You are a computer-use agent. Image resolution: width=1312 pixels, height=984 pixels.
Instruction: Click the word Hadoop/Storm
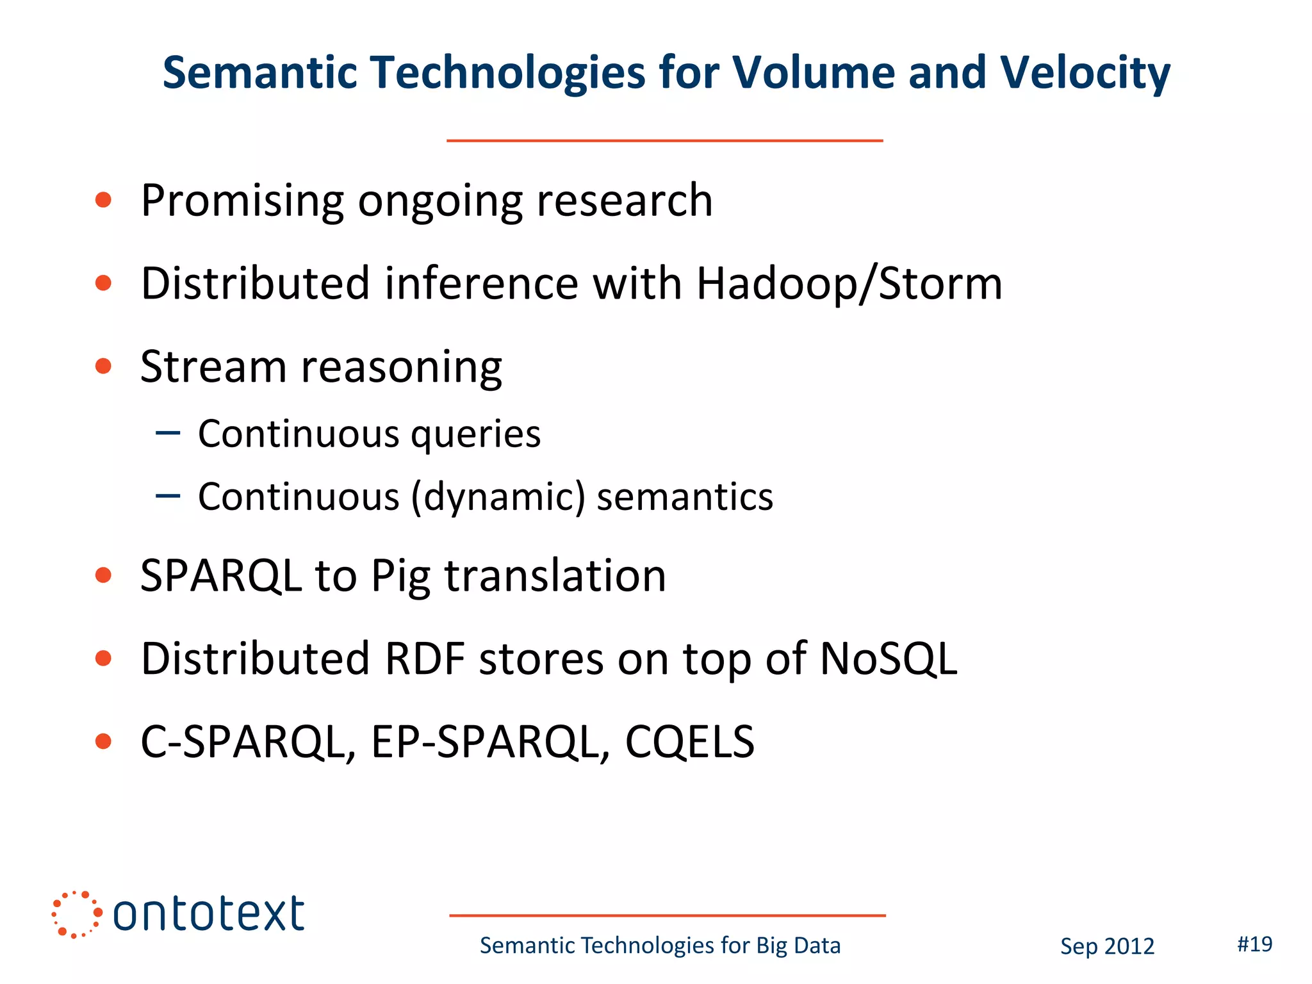coord(849,283)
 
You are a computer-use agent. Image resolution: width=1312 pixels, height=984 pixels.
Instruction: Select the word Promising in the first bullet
coord(242,201)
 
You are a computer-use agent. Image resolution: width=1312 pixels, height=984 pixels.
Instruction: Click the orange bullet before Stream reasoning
coord(103,366)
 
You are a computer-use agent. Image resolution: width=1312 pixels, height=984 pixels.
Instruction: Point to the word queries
coord(475,434)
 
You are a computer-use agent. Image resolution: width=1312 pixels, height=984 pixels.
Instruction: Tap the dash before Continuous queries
coord(168,434)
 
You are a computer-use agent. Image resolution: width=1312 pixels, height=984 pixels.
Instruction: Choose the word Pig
coord(400,577)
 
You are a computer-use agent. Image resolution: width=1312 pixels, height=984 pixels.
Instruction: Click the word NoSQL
coord(889,659)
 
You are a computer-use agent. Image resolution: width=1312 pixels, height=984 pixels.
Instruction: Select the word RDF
coord(425,659)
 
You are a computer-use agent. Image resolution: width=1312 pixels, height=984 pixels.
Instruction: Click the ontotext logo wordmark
coord(208,914)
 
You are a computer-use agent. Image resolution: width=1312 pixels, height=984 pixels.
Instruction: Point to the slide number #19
coord(1254,944)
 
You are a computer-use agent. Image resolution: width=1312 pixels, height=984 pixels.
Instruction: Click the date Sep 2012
coord(1107,946)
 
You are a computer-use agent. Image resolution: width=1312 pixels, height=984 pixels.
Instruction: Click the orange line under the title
coord(664,140)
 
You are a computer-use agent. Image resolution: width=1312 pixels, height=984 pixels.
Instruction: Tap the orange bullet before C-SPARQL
coord(103,742)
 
